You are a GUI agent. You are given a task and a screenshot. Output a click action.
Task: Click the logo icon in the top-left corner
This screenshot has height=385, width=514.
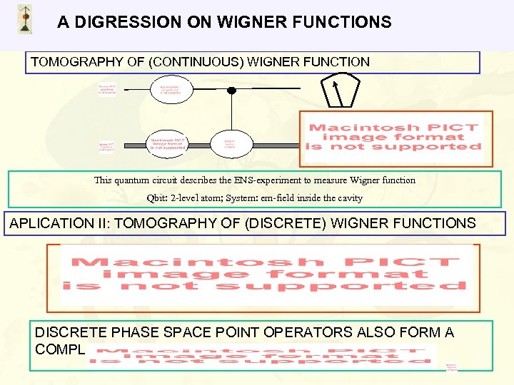coord(25,19)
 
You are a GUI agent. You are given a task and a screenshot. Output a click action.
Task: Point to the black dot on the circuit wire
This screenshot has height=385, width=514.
coord(231,91)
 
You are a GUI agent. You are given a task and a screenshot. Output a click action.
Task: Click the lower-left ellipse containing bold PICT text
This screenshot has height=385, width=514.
coord(168,143)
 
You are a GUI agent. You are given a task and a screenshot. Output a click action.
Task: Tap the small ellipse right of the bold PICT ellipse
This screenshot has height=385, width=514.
coord(229,144)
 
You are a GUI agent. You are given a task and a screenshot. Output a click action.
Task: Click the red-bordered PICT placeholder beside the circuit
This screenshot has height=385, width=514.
coord(393,138)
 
